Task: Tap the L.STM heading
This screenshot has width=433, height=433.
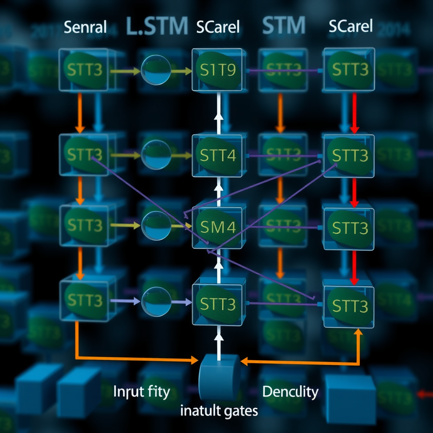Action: click(156, 26)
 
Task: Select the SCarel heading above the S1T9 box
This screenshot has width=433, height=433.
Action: click(218, 27)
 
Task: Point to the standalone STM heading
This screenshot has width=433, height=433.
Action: click(283, 26)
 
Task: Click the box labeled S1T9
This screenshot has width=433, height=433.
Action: click(219, 69)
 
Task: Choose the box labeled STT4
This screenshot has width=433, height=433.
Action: click(219, 156)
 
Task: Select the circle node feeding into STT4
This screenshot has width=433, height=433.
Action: click(156, 155)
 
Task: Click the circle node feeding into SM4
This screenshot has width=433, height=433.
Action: click(156, 226)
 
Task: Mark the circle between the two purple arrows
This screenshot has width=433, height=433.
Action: click(156, 301)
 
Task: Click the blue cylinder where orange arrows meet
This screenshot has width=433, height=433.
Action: click(219, 376)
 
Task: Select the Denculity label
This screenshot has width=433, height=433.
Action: click(290, 392)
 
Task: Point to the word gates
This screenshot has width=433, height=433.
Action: click(241, 411)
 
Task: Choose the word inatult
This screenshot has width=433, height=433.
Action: click(200, 411)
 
